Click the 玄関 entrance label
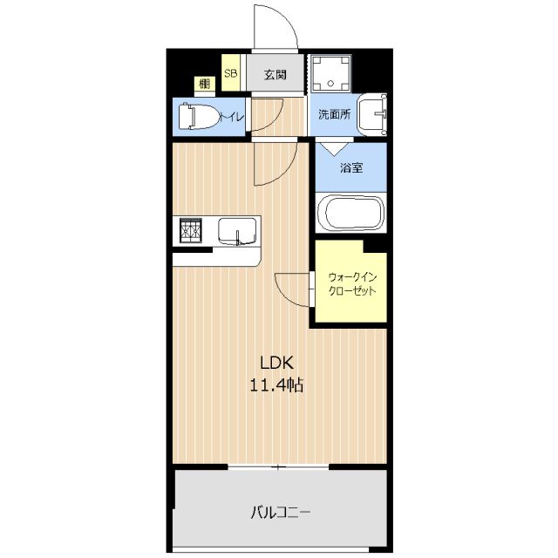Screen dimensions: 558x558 [276, 75]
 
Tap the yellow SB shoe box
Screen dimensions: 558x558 [230, 72]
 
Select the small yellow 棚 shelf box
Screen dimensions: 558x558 [205, 85]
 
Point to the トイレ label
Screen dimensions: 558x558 [232, 117]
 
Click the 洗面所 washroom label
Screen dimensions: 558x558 [334, 114]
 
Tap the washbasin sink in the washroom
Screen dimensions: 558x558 [372, 114]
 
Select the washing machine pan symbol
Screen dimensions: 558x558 [330, 73]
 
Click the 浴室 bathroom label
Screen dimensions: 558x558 [351, 168]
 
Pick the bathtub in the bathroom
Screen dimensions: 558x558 [350, 213]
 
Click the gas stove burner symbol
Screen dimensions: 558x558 [191, 230]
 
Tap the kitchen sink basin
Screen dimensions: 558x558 [237, 231]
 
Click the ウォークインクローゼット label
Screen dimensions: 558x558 [352, 284]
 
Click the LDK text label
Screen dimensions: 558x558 [277, 363]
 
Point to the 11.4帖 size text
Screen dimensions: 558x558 [277, 384]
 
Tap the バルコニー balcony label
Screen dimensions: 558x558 [281, 513]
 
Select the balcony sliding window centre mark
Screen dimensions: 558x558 [277, 467]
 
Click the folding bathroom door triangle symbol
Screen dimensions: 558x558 [334, 149]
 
